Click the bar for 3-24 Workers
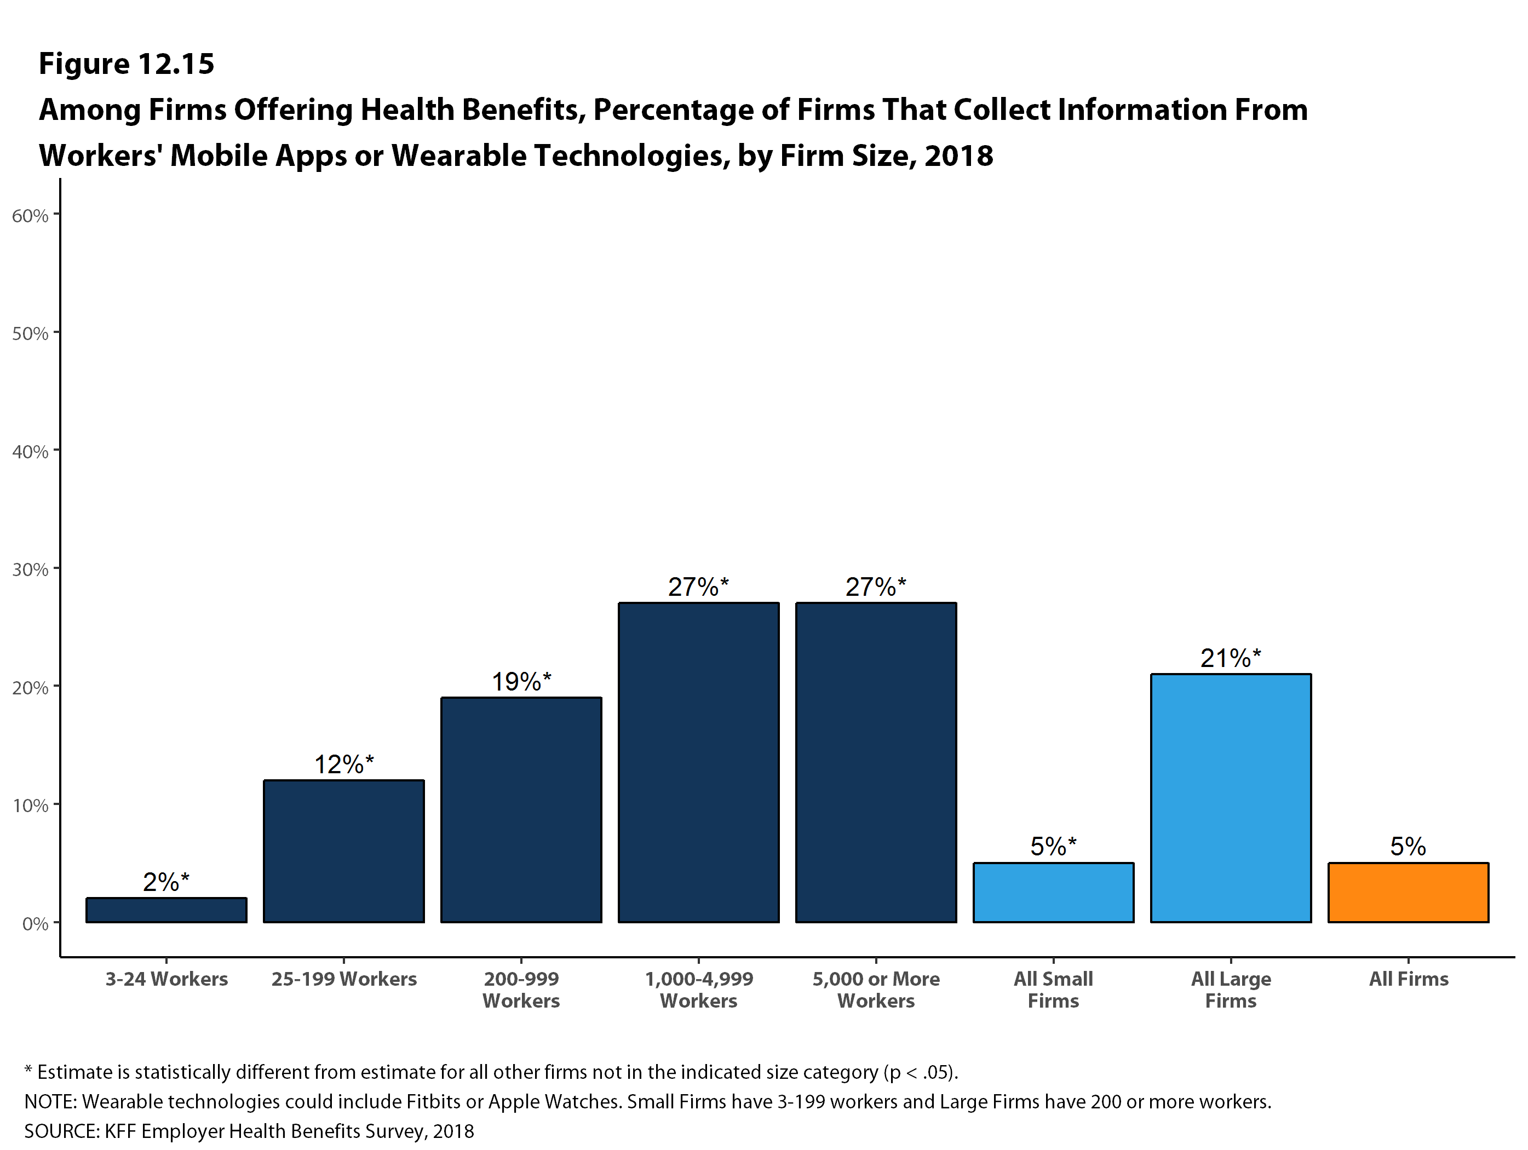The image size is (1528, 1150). coord(166,910)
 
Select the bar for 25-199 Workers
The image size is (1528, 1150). coord(344,851)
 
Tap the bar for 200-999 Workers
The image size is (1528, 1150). coord(521,809)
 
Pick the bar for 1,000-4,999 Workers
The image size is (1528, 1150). coord(699,762)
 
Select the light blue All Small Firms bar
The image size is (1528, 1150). coord(1053,893)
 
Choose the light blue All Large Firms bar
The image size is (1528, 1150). coord(1231,798)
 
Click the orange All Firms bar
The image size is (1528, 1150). coord(1409,893)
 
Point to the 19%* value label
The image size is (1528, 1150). coord(521,682)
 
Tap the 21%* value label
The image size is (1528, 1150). coord(1231,658)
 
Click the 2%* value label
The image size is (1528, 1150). coord(166,882)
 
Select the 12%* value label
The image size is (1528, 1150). coord(344,764)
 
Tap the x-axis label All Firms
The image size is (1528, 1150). coord(1409,979)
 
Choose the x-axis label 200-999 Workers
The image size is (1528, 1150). coord(521,990)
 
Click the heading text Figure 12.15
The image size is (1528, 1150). coord(127,64)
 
